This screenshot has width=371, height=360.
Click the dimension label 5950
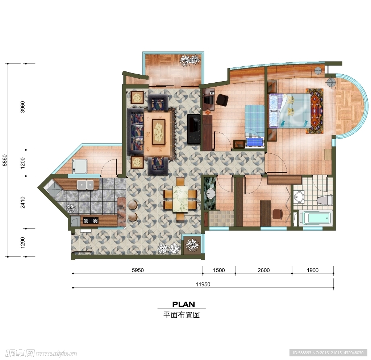[x=138, y=270]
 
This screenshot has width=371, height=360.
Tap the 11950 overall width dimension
[x=203, y=284]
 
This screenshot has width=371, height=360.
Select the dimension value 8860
[x=5, y=160]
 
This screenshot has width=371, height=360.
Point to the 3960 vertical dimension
[x=23, y=107]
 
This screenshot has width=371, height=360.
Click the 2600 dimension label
[x=264, y=270]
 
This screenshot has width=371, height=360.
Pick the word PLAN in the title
[x=184, y=304]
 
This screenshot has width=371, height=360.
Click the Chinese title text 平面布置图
[x=182, y=315]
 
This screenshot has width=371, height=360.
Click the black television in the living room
[x=194, y=129]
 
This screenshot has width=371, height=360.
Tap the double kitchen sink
[x=85, y=185]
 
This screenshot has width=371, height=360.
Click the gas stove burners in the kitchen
[x=91, y=221]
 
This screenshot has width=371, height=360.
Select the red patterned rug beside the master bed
[x=314, y=111]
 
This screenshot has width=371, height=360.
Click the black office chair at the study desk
[x=222, y=100]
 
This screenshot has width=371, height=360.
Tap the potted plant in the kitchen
[x=71, y=208]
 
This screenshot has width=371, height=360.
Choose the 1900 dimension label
[x=313, y=270]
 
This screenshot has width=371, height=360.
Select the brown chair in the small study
[x=278, y=214]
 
